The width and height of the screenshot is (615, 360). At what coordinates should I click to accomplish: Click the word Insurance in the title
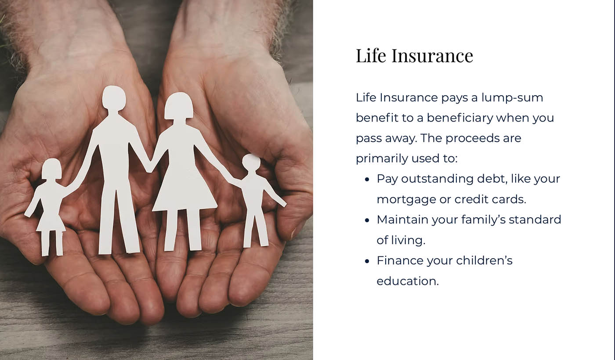click(x=432, y=56)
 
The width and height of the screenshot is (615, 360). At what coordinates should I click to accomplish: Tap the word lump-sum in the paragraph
click(x=512, y=98)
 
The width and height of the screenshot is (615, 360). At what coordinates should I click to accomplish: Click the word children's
click(x=484, y=261)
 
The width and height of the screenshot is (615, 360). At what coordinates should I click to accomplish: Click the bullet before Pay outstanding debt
click(x=367, y=180)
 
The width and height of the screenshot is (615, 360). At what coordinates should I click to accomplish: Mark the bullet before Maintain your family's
click(x=367, y=220)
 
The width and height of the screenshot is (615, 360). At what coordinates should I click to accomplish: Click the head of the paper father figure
click(x=114, y=98)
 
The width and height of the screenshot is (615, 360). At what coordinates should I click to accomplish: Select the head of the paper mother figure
click(x=179, y=106)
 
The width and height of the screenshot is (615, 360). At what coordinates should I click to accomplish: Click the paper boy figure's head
click(x=251, y=163)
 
